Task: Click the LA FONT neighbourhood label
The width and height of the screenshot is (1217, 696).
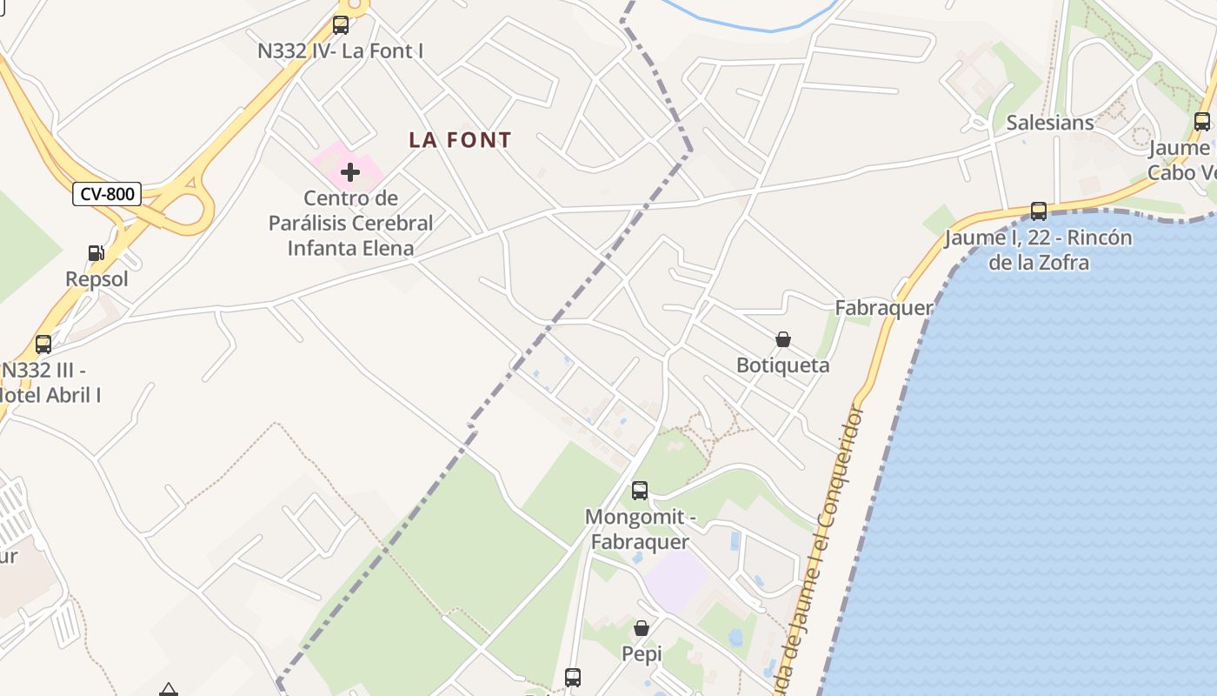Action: (x=460, y=139)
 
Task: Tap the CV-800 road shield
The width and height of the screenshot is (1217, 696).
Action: (x=106, y=193)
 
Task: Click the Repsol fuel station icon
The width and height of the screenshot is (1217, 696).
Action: (x=96, y=253)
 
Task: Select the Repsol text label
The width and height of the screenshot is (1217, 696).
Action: (x=96, y=279)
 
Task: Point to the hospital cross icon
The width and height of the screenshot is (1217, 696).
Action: (x=350, y=172)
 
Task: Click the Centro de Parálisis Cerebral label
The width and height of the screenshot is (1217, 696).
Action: (x=350, y=223)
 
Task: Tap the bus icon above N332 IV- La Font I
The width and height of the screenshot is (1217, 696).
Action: (x=341, y=25)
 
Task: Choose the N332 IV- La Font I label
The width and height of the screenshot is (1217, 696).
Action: (x=340, y=50)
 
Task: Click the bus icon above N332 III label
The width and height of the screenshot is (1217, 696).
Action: (x=43, y=345)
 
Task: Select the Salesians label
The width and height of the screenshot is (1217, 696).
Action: (x=1049, y=123)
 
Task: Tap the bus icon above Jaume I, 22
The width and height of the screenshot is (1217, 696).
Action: (x=1038, y=211)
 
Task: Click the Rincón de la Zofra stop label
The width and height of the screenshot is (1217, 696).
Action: (x=1038, y=250)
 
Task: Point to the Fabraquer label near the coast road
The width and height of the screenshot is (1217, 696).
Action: (x=883, y=307)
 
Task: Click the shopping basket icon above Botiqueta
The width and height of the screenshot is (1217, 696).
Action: (x=782, y=339)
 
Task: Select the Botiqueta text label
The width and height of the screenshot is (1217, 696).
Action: (x=782, y=365)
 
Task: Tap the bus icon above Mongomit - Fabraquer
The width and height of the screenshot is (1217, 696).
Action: (x=640, y=491)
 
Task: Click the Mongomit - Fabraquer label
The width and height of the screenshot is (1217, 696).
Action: (x=640, y=529)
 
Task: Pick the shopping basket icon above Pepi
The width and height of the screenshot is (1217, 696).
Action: (x=642, y=628)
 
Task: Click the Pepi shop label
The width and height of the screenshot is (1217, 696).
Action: (x=642, y=653)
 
